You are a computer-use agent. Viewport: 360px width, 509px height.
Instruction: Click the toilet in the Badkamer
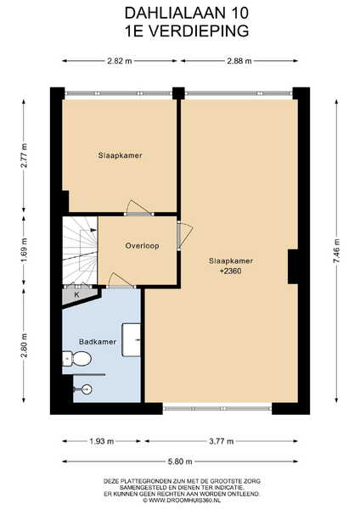tap(76, 358)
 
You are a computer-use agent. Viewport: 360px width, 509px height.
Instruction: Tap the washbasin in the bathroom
tap(132, 339)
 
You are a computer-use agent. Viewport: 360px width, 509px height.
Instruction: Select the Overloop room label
tap(143, 246)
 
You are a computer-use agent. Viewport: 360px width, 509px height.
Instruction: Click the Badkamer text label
tap(98, 342)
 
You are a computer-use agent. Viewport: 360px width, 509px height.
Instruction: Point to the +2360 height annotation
tap(231, 271)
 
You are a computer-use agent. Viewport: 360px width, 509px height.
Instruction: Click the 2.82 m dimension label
tap(120, 61)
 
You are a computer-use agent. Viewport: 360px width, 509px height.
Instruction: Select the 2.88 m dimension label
tap(239, 61)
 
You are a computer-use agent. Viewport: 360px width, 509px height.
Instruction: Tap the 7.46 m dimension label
tap(336, 251)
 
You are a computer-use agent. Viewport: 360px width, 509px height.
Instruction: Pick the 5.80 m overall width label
tap(180, 461)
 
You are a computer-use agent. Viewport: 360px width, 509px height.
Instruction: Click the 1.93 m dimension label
tap(101, 441)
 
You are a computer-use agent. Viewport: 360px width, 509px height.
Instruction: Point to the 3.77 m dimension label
tap(222, 441)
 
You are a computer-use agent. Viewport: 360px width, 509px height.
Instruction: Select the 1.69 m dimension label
tap(24, 250)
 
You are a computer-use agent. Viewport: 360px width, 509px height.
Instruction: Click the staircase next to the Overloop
tap(80, 250)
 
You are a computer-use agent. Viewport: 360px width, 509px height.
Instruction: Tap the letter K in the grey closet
tap(77, 294)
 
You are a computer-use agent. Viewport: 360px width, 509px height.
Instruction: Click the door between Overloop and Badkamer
tap(121, 281)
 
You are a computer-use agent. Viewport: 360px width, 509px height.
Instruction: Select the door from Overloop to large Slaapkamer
tap(184, 234)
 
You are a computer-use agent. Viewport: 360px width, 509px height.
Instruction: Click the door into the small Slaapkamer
tap(139, 208)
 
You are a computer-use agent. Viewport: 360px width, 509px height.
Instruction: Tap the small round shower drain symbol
tap(87, 389)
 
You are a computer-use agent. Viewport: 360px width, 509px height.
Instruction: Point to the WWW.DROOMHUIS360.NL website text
tap(182, 501)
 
